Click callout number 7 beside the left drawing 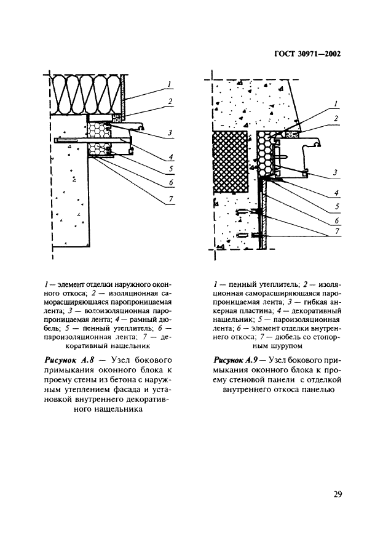tap(170, 198)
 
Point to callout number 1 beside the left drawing tap(169, 84)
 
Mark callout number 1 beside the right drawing tap(336, 105)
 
